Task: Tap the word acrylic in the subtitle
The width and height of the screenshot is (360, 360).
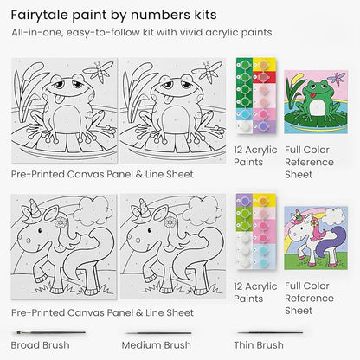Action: click(223, 33)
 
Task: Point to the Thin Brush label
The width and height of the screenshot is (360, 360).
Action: click(260, 344)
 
